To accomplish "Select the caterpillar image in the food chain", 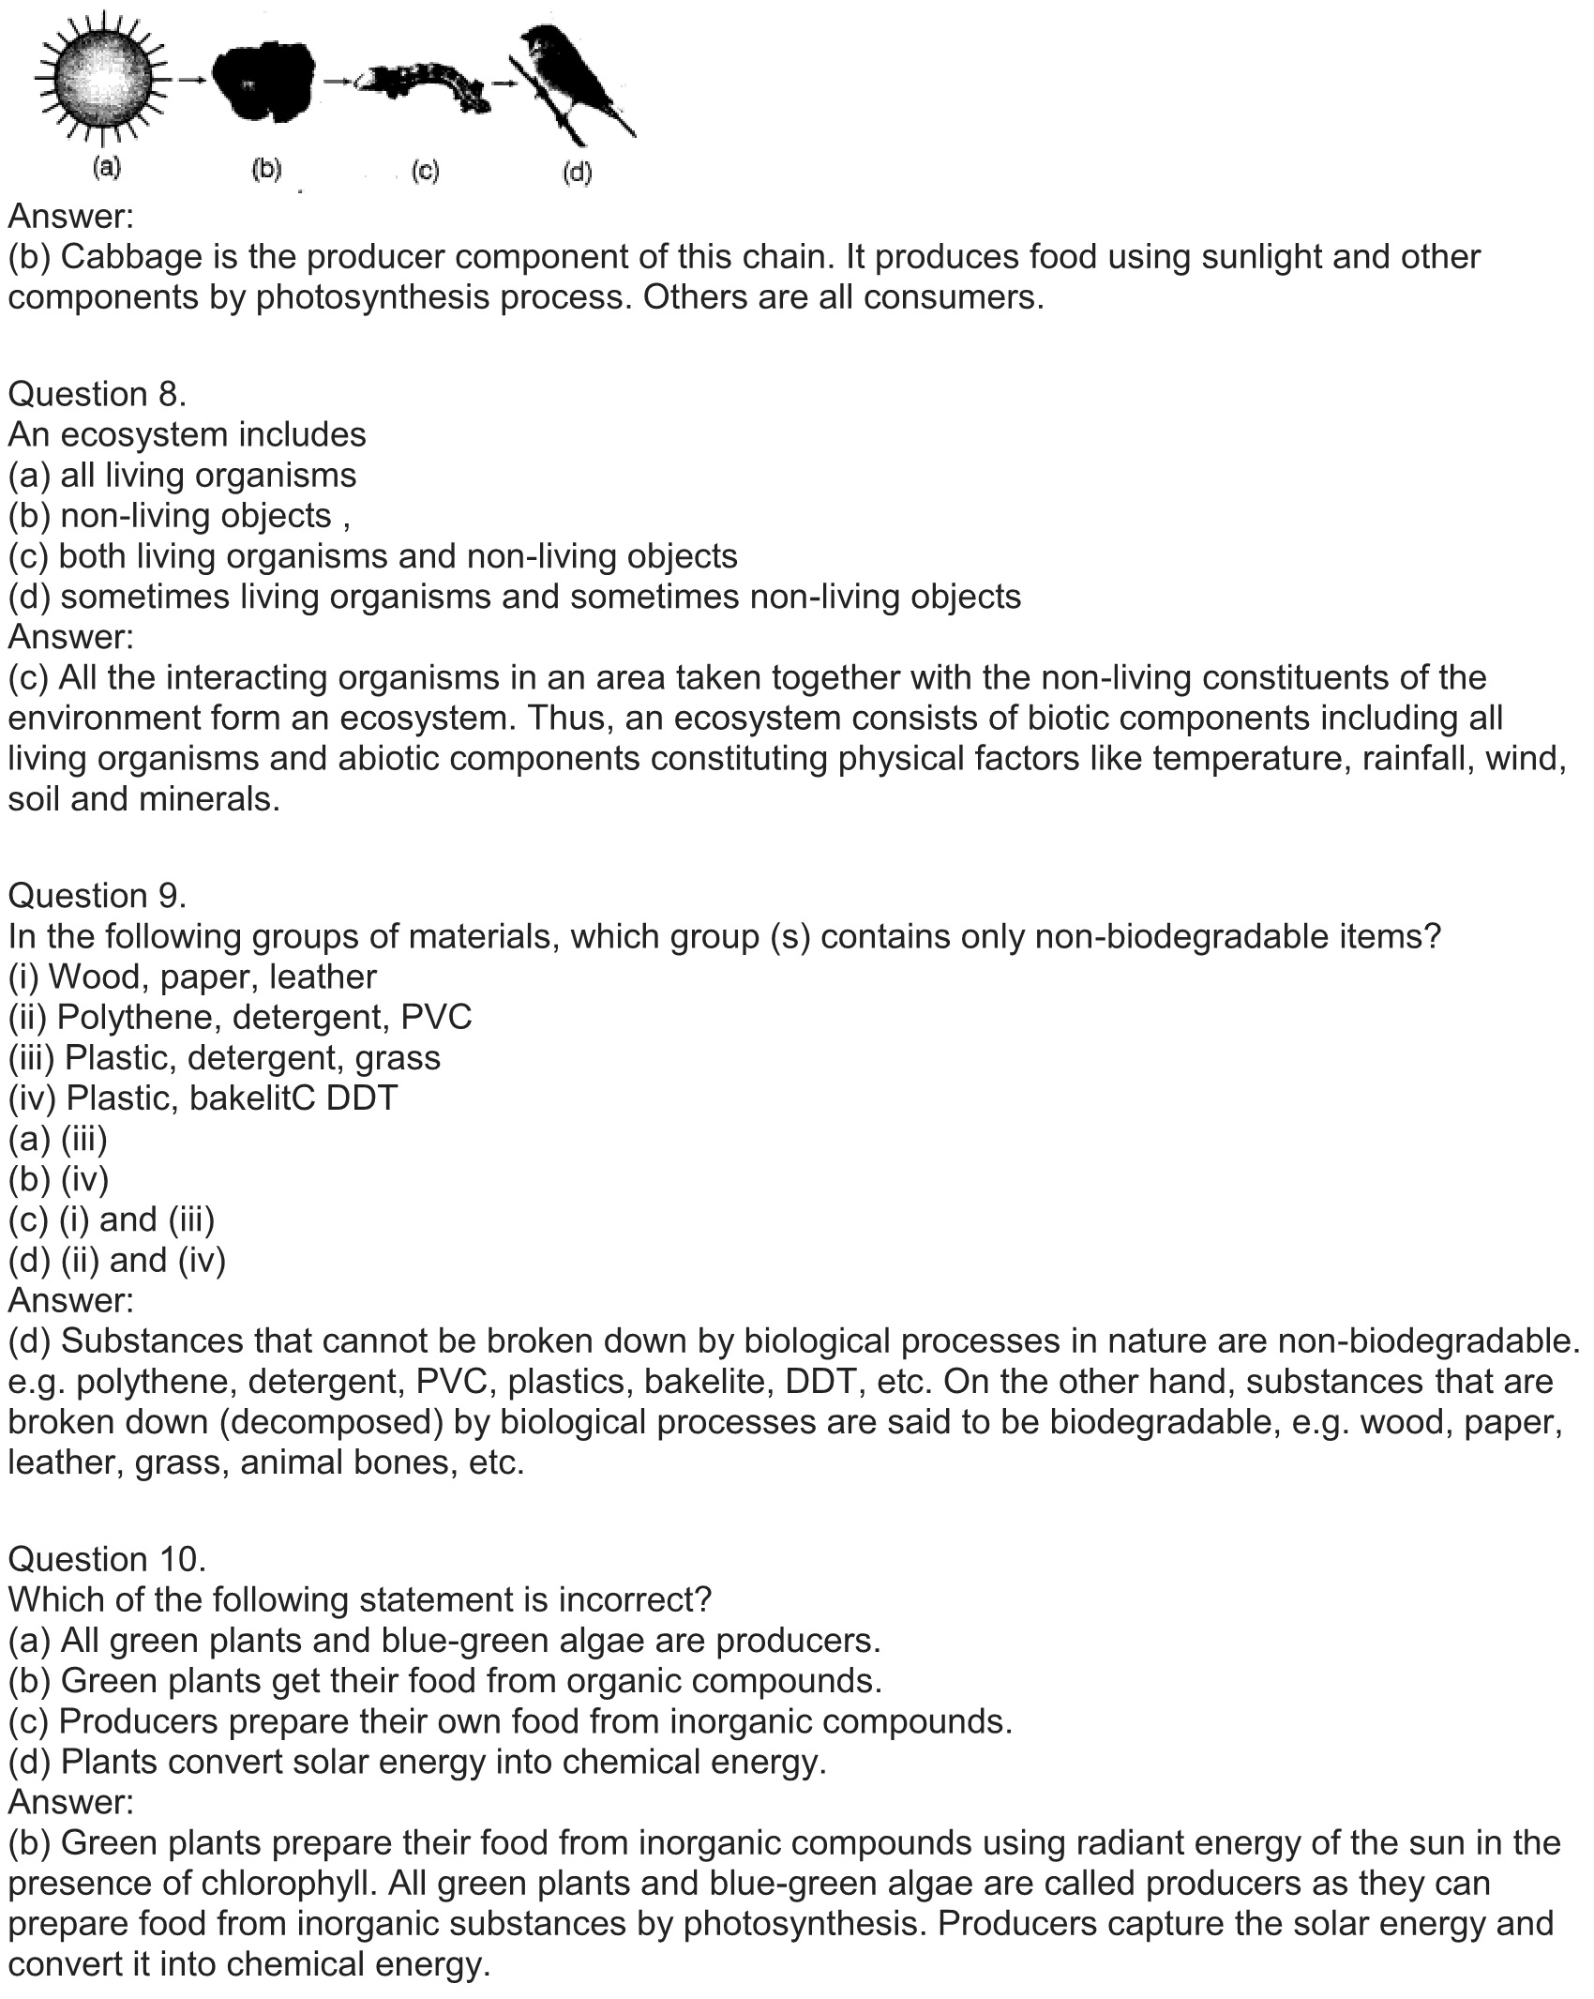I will point(427,86).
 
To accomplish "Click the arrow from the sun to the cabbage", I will point(191,81).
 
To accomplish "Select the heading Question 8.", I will point(98,394).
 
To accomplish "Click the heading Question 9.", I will point(98,896).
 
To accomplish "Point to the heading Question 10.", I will point(106,1559).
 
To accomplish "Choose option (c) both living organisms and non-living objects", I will point(373,556).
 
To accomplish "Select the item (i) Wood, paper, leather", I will point(192,977).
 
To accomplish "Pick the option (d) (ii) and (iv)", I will point(117,1260).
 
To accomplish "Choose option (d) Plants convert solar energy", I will point(417,1762).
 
